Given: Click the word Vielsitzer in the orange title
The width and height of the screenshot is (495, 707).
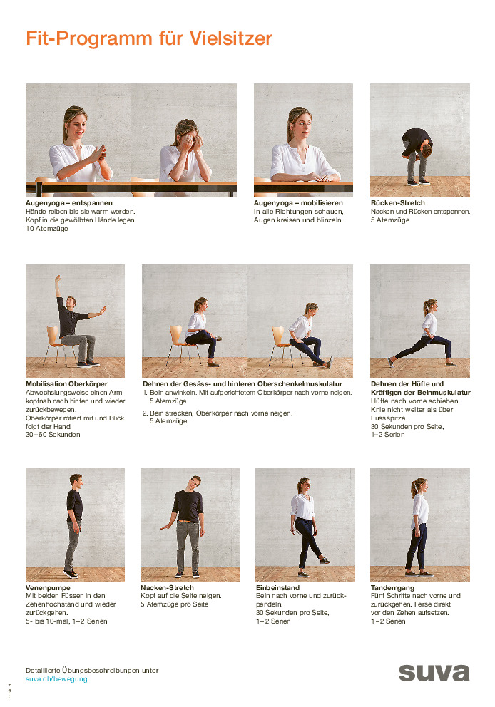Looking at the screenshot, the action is pos(231,38).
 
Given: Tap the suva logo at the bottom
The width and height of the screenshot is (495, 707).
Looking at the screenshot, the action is pos(434,673).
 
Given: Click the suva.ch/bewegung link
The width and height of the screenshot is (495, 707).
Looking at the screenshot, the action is pos(56,679).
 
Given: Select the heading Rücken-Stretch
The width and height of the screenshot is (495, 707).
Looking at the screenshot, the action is pos(397,203).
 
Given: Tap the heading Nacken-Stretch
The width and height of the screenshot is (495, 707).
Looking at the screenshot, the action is pos(167,587).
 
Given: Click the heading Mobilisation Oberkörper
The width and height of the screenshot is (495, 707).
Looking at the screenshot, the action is pos(66,383).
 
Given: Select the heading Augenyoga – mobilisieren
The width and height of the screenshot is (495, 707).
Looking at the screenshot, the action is pos(298,203).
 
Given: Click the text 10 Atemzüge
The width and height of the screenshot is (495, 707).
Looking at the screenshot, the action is pos(47,229).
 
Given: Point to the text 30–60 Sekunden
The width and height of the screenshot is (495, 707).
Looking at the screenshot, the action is pos(53,435).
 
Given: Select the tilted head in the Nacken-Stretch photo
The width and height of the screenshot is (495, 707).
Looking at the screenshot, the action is pos(195,482).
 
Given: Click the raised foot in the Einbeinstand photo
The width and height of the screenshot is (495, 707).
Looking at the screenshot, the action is pos(325,560).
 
